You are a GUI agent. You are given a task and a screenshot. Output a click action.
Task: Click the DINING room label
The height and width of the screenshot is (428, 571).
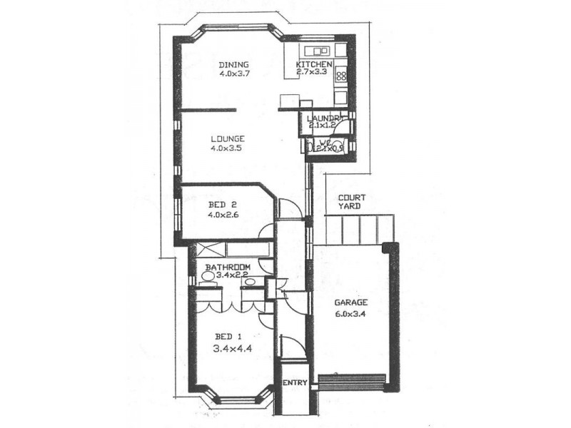tap(233, 64)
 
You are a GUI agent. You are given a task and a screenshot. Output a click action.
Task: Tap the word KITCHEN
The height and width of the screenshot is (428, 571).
tap(314, 64)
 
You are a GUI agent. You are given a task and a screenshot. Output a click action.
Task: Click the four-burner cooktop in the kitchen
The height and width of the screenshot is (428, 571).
tap(340, 75)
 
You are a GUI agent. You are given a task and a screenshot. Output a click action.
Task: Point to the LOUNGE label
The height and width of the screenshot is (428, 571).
tap(228, 138)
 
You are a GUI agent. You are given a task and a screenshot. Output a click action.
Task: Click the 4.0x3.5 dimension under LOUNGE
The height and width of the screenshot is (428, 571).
tap(228, 148)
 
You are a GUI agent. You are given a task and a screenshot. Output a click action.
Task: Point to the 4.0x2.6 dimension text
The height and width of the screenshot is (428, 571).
tap(223, 214)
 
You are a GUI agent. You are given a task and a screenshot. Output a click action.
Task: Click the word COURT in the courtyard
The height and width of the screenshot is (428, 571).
tap(352, 197)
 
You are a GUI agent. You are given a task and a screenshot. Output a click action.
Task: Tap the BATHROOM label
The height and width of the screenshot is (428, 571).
tap(228, 267)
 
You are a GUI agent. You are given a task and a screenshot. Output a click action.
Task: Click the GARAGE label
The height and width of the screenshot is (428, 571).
tap(350, 302)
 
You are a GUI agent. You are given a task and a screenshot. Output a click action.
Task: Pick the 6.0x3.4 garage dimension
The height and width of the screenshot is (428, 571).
tap(350, 312)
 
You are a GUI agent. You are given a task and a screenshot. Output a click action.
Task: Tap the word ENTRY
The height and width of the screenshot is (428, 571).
tap(295, 383)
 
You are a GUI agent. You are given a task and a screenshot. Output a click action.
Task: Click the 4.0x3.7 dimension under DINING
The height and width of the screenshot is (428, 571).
tap(233, 73)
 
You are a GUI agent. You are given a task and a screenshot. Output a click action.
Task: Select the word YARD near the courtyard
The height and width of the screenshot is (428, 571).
tap(350, 206)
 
